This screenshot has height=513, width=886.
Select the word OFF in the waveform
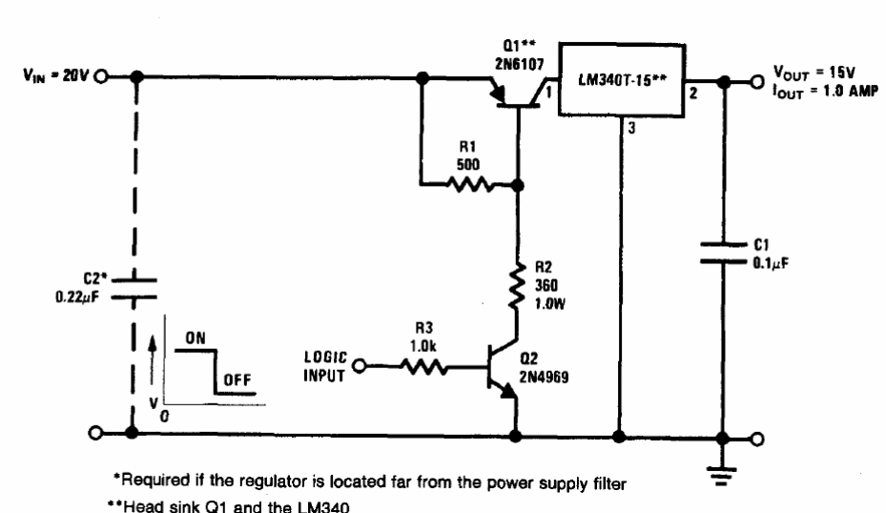pos(237,379)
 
